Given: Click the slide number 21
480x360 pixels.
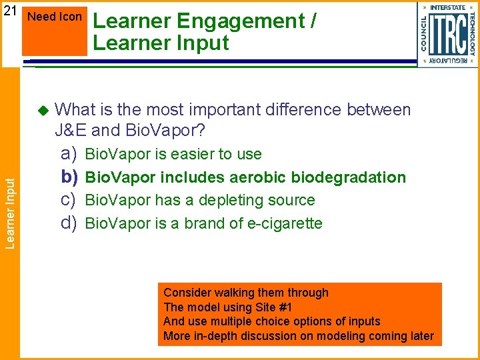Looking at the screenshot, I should point(9,11).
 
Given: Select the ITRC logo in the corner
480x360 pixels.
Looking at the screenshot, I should point(447,34).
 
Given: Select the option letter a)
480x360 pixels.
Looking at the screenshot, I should point(69,154).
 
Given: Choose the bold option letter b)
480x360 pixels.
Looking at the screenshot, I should point(69,177).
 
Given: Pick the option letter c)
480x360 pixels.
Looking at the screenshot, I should point(69,200).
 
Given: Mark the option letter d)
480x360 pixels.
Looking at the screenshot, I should point(69,223).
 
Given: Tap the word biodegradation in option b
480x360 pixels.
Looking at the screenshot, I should point(354,177).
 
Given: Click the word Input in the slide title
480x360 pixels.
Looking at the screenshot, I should point(201,43).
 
